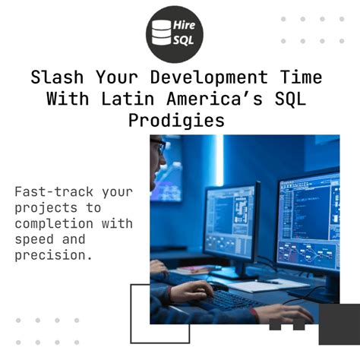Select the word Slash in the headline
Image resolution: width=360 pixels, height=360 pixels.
(58, 77)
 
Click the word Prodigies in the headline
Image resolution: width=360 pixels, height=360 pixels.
(180, 120)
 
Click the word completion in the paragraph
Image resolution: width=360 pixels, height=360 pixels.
(57, 223)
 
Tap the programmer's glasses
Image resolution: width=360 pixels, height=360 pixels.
(157, 145)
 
